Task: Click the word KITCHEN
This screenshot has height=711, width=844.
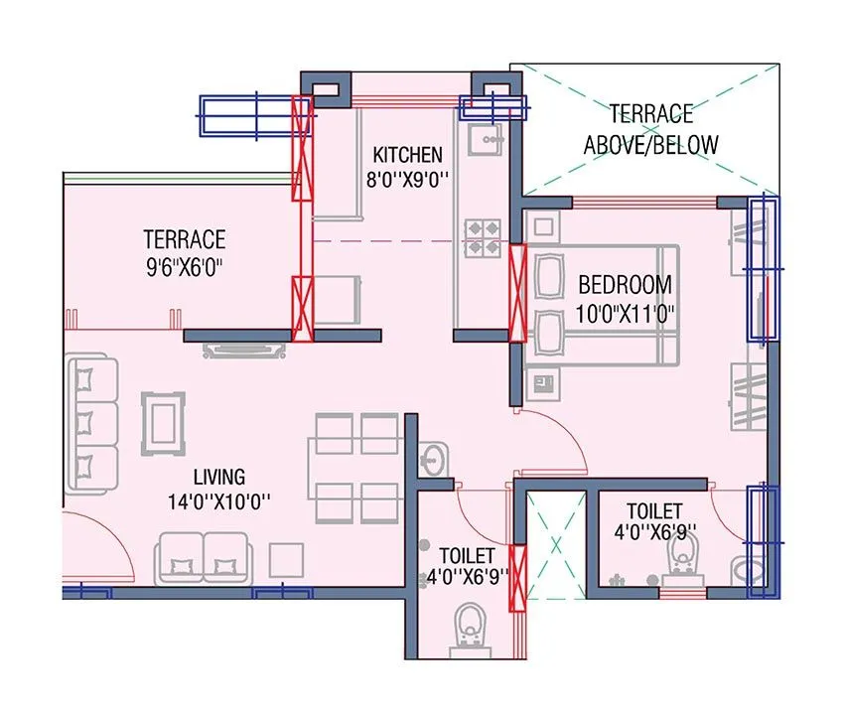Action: coord(407,155)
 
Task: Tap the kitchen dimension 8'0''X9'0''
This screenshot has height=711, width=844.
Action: coord(407,181)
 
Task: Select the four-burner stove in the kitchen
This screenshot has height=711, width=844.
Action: coord(484,234)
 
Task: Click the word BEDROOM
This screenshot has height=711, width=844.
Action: coord(625,284)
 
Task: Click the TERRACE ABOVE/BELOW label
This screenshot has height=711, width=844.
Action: coord(650,129)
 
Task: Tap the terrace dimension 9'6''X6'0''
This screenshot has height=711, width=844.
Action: coord(184,266)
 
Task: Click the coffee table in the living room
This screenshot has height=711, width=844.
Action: coord(163,423)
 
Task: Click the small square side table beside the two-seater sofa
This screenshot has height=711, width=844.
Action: coord(287,562)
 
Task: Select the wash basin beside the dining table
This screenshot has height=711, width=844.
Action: coord(432,459)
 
